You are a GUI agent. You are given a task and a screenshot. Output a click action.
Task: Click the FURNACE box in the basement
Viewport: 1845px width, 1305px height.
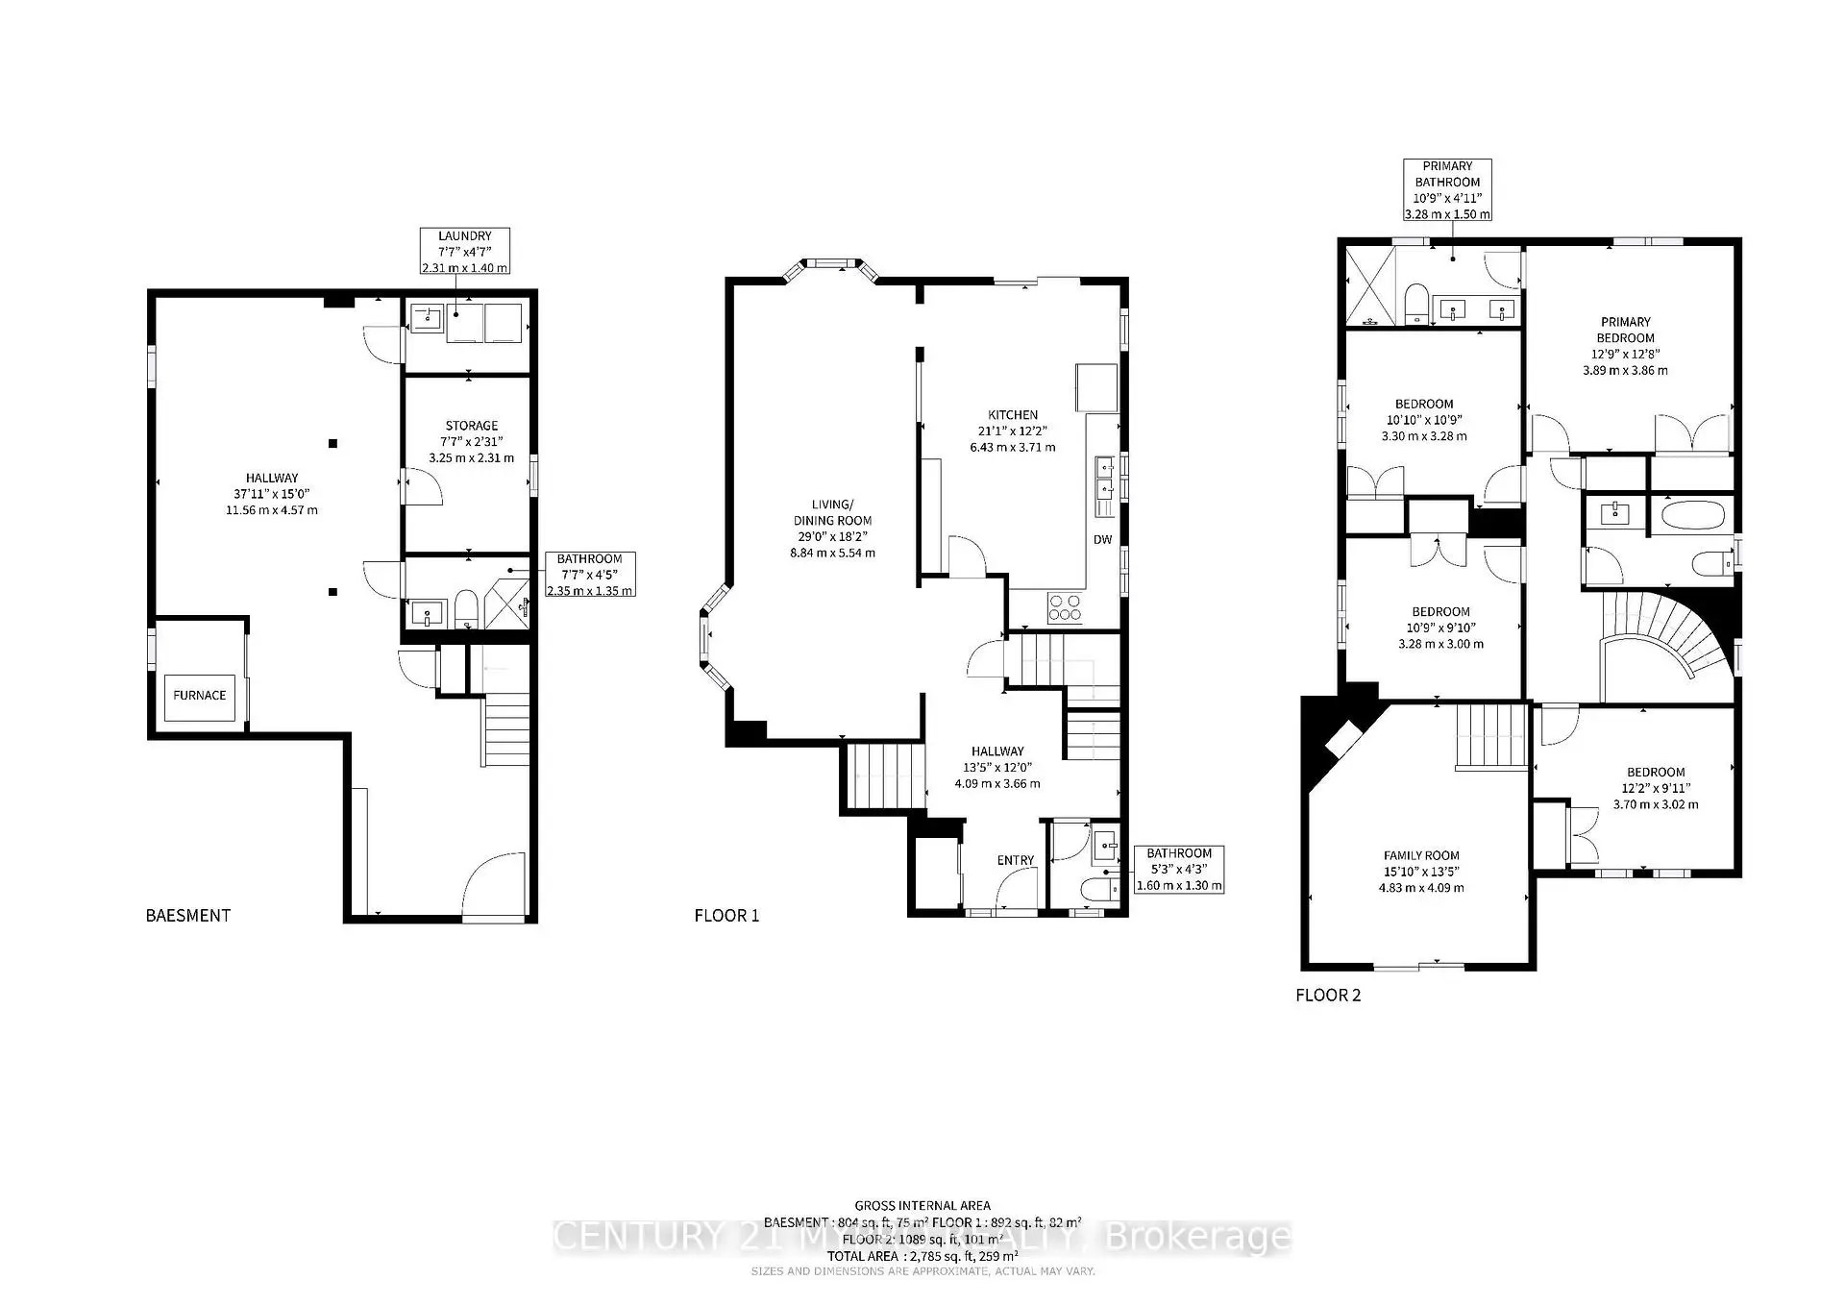(x=200, y=696)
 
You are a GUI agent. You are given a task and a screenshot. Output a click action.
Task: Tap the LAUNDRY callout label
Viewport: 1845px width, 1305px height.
(x=465, y=252)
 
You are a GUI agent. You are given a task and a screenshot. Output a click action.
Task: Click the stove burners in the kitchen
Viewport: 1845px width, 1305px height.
(x=1065, y=607)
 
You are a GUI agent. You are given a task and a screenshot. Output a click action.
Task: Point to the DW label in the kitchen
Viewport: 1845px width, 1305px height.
(x=1102, y=540)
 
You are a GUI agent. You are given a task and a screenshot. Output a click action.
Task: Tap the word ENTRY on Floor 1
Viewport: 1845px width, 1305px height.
(x=1016, y=860)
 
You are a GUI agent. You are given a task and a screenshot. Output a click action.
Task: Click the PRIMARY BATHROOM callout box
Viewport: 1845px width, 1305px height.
(x=1447, y=190)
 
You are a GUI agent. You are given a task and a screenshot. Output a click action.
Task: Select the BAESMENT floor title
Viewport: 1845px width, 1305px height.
(x=188, y=916)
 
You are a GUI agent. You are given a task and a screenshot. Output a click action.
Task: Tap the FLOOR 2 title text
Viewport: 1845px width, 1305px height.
(x=1328, y=996)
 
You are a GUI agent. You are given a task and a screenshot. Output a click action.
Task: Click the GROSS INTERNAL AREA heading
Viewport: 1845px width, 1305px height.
(x=922, y=1205)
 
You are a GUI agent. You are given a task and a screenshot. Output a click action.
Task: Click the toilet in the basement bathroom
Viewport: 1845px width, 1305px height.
(x=466, y=608)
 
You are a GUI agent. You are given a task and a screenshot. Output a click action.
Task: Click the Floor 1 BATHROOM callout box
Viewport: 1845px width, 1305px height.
(x=1179, y=870)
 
